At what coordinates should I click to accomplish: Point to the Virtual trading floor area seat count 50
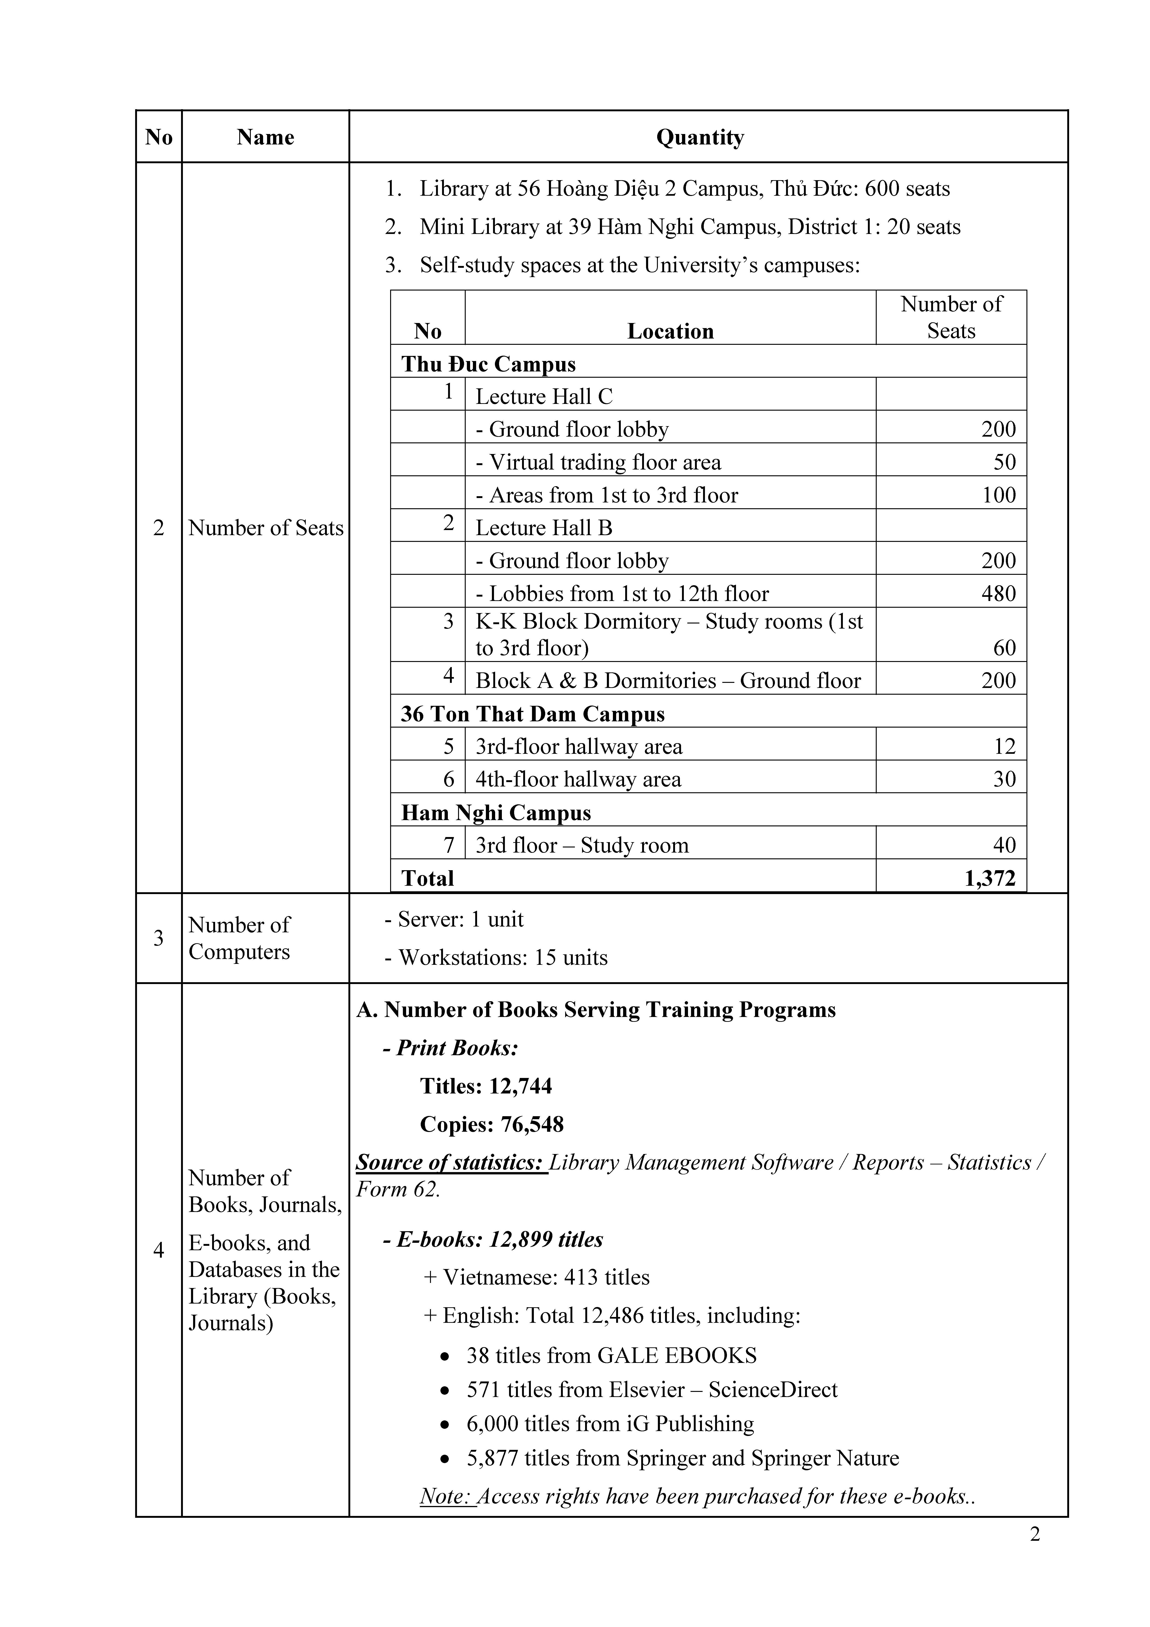pos(1005,462)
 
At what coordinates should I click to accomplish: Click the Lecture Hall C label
pos(543,396)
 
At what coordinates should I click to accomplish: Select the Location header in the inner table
pos(670,331)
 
